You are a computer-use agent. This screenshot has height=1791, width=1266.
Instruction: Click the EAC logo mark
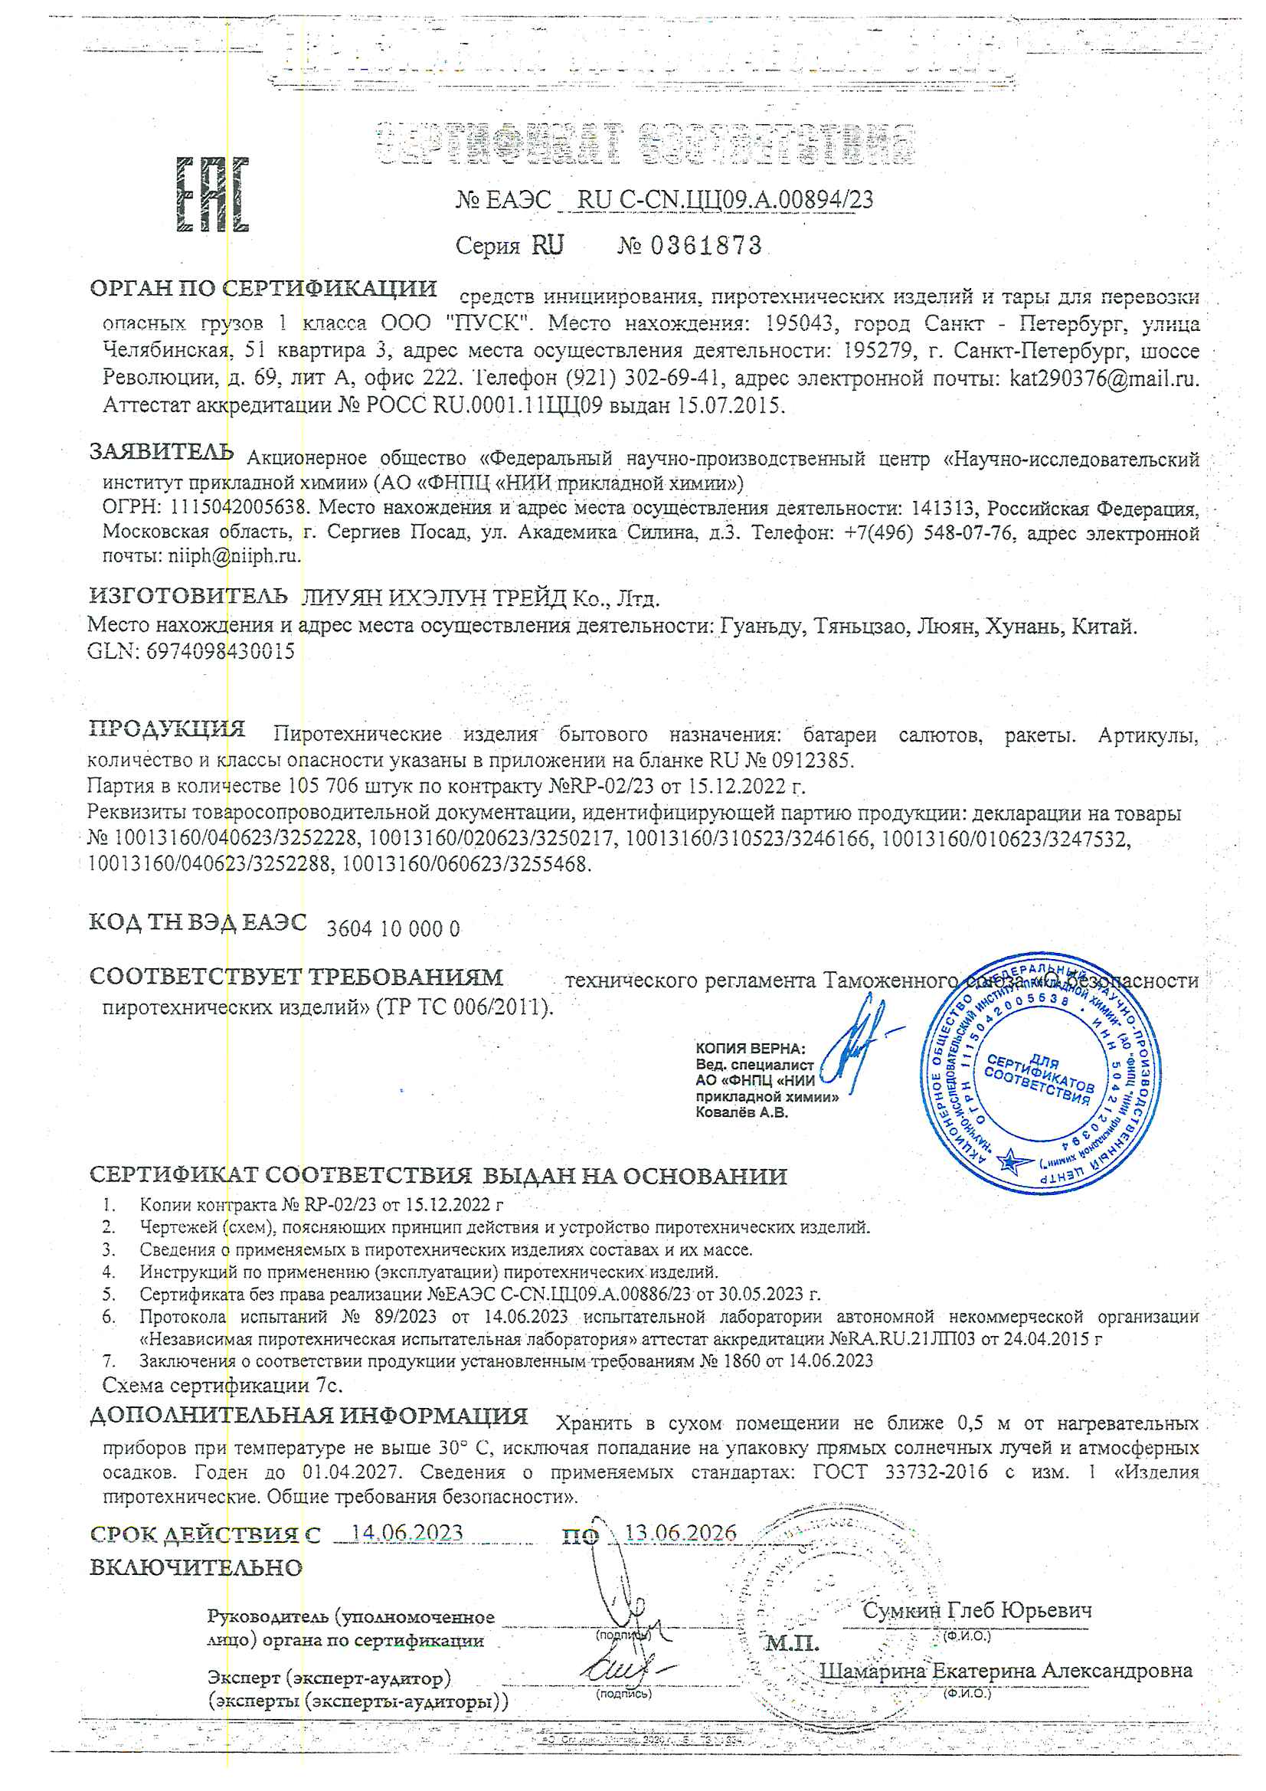tap(212, 195)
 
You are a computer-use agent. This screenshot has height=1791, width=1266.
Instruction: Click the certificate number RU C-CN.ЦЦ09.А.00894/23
tap(725, 201)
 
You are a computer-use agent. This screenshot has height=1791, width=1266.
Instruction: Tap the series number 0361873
tap(705, 246)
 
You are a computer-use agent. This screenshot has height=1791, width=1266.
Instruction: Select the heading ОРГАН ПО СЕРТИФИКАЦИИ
tap(263, 289)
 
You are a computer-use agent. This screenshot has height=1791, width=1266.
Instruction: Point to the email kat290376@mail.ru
tap(1103, 378)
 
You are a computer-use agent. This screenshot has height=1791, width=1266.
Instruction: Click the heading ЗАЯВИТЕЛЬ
tap(162, 452)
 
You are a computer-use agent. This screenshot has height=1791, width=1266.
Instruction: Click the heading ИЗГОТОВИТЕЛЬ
tap(188, 597)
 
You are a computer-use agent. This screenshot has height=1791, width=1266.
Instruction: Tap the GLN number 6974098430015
tap(220, 651)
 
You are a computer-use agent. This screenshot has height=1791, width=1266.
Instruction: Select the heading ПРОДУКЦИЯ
tap(167, 729)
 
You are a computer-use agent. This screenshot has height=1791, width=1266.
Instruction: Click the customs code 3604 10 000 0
tap(393, 929)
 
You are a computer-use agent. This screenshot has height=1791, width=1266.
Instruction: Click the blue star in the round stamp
tap(1012, 1161)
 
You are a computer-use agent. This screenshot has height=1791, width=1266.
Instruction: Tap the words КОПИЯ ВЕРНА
tap(750, 1049)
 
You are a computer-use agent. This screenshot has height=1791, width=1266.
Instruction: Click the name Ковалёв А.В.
tap(741, 1112)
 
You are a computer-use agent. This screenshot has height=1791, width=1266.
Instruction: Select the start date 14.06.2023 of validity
tap(407, 1533)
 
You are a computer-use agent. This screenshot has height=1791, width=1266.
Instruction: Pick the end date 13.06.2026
tap(680, 1533)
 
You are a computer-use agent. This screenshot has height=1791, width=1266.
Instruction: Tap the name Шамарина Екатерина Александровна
tap(1006, 1670)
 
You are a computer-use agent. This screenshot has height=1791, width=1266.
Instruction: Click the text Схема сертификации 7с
tap(222, 1385)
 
